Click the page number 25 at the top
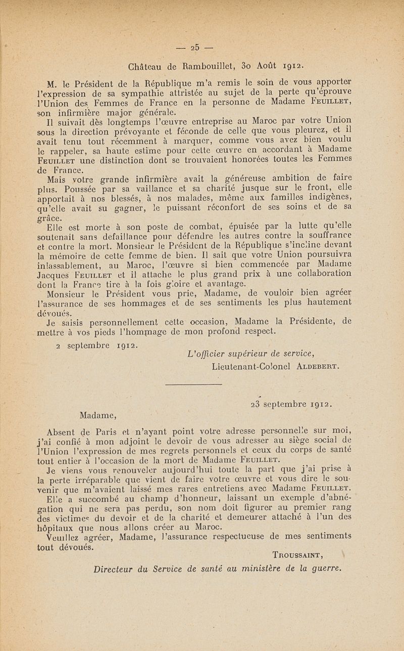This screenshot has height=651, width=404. click(194, 49)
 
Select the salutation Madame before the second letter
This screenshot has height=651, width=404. click(99, 416)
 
